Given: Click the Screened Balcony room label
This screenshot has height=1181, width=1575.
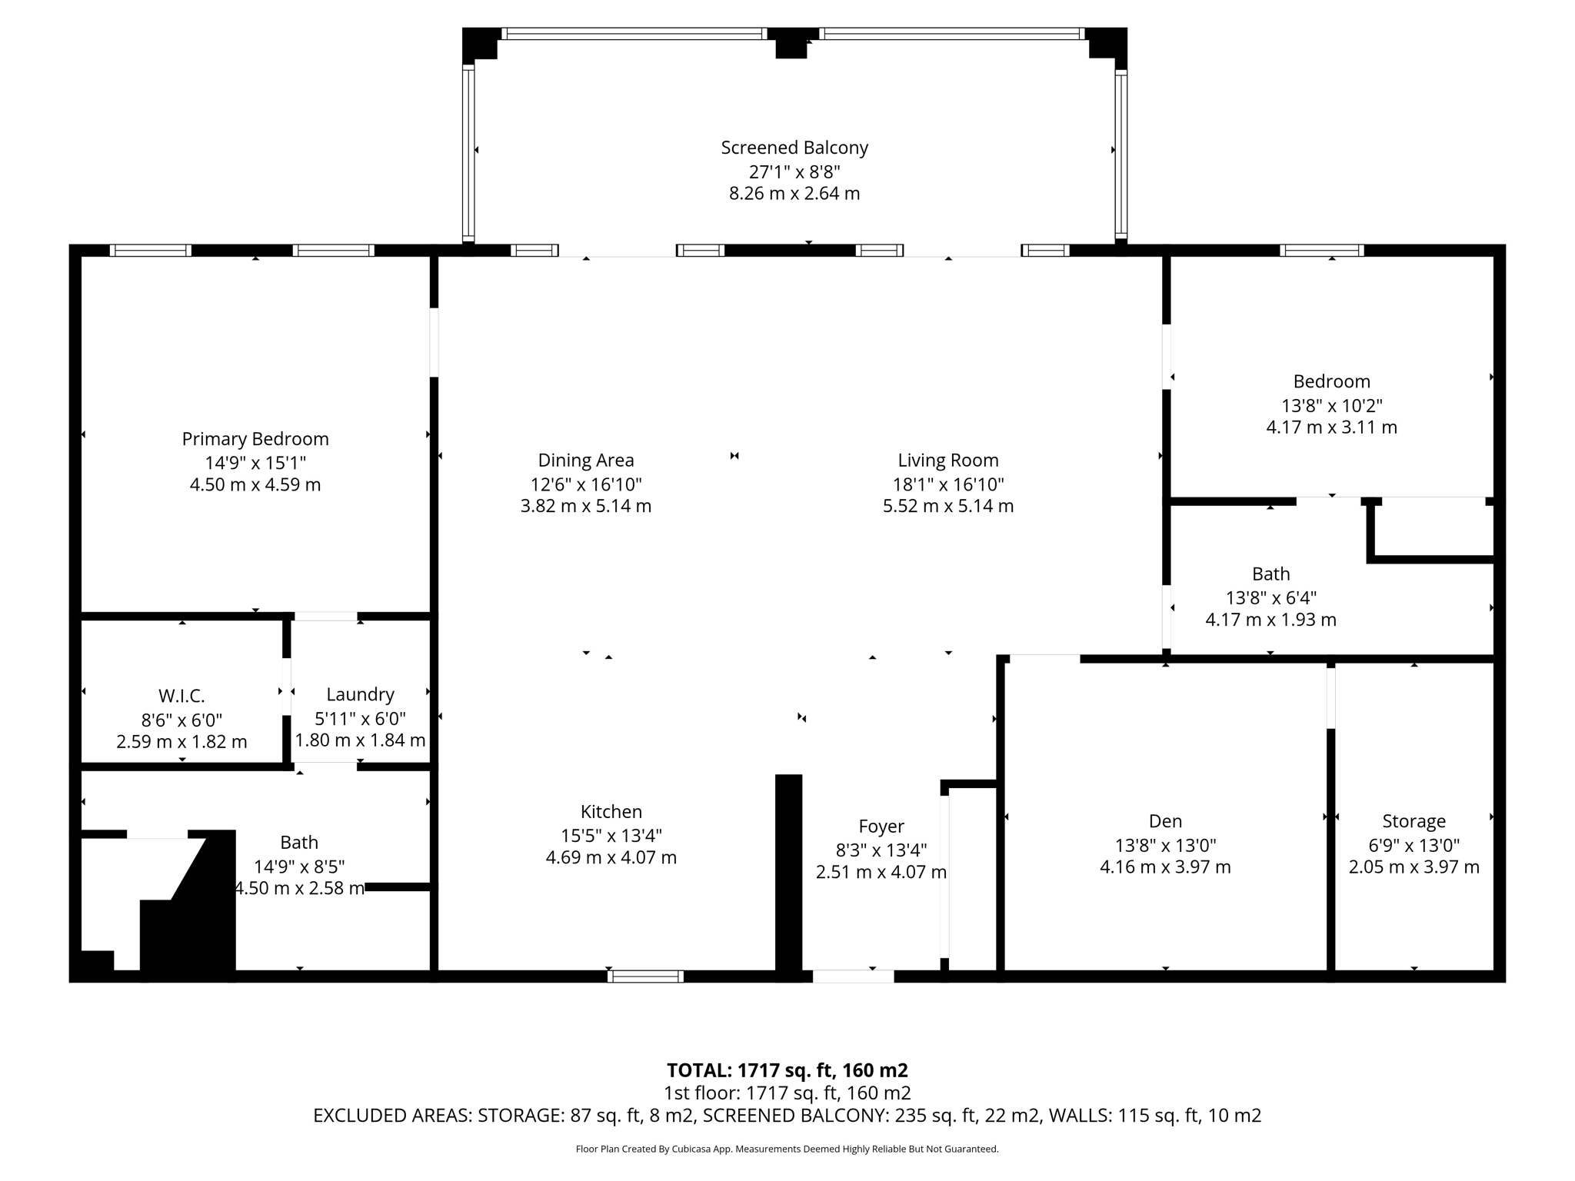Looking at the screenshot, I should (x=794, y=148).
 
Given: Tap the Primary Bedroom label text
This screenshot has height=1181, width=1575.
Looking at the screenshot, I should (x=255, y=439).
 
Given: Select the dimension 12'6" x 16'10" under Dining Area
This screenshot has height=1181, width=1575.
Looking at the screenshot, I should (x=586, y=484).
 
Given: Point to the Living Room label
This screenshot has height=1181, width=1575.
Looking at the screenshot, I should (x=948, y=461).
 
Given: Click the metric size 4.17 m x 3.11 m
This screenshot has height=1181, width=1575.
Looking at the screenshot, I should (x=1331, y=427).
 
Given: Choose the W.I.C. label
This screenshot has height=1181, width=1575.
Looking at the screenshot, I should (x=181, y=697).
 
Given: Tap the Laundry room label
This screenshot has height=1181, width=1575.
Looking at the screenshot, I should (x=360, y=694).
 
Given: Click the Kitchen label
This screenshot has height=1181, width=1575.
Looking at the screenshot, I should (x=611, y=812).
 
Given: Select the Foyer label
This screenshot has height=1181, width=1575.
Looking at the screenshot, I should (x=881, y=827).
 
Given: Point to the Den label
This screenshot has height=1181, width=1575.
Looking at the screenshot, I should (x=1165, y=821).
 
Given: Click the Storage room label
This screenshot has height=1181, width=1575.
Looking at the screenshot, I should (x=1414, y=821).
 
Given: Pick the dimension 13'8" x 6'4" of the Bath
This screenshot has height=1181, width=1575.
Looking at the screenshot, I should (x=1270, y=597).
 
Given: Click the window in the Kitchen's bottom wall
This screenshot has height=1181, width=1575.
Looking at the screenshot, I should (x=645, y=976).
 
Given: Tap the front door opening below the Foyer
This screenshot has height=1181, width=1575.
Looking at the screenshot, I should (x=853, y=976).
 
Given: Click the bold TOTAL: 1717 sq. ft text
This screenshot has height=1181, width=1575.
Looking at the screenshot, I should (x=787, y=1070).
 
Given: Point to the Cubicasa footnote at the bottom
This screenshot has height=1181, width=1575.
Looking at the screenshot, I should (x=787, y=1149).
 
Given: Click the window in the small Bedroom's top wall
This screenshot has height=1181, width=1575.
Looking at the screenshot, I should (x=1321, y=250).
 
